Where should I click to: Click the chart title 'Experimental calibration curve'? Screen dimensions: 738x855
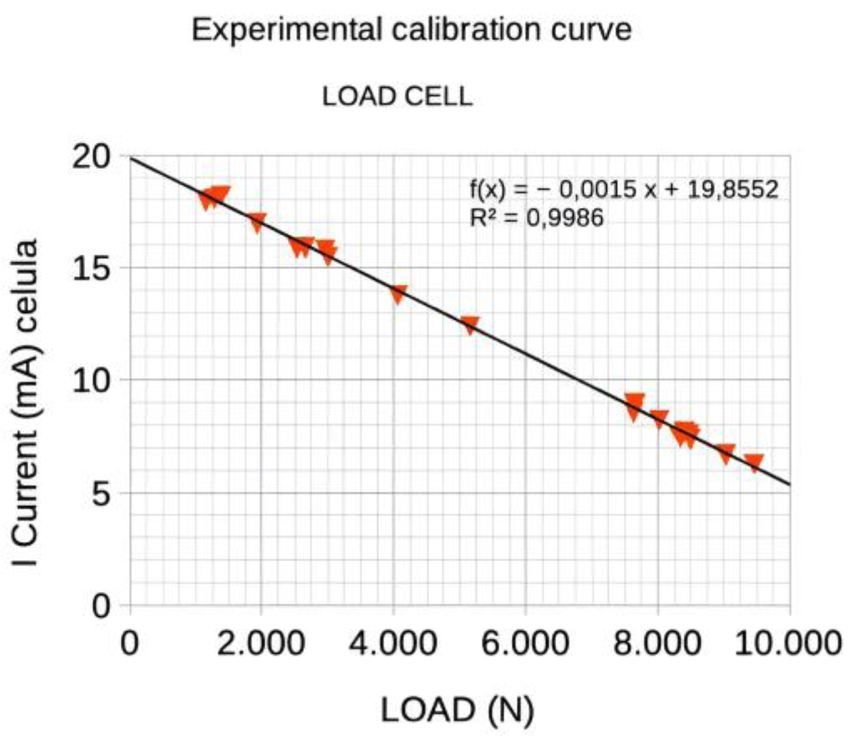tap(411, 29)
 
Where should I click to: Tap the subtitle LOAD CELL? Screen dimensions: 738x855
tap(397, 97)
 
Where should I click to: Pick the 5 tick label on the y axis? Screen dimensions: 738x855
tap(101, 494)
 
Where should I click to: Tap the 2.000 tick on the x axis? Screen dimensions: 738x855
tap(260, 644)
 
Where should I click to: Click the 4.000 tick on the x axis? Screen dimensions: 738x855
tap(393, 644)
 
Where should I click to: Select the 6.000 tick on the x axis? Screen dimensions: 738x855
tap(525, 644)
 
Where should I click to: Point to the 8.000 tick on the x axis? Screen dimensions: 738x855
tap(657, 644)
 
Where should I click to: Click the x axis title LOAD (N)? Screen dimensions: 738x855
tap(457, 710)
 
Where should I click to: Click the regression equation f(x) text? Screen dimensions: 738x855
tap(624, 190)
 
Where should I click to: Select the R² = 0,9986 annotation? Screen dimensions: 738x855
tap(536, 217)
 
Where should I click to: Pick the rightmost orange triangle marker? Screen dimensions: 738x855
tap(754, 462)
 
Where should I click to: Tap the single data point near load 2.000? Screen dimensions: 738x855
tap(257, 222)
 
